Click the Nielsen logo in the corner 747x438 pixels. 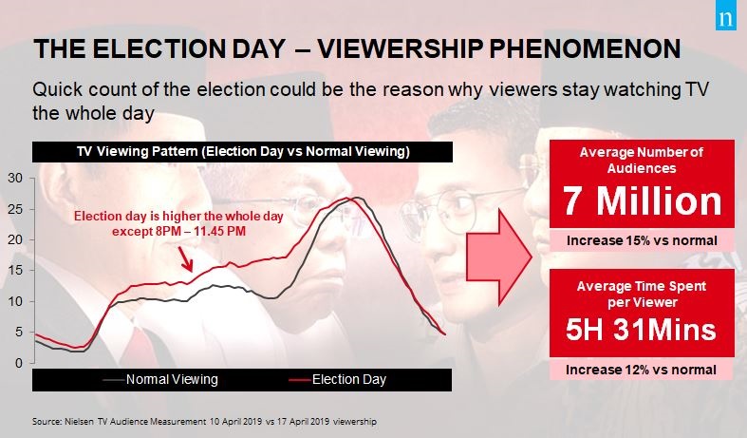726,19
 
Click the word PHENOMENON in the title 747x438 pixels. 585,48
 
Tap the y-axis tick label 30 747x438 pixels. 15,178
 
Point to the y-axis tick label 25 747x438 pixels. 15,209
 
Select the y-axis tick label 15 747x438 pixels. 15,271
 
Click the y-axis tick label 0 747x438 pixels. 19,363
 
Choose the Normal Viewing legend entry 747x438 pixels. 160,379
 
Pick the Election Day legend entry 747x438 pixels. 338,379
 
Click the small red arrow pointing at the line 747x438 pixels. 185,259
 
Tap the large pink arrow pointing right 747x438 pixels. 499,257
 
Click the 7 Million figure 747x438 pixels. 642,201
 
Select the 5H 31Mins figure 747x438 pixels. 641,330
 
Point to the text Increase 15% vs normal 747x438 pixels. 642,240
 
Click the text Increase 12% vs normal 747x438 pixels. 641,370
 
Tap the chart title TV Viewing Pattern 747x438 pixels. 243,152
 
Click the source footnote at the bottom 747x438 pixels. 204,422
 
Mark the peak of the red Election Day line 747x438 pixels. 346,198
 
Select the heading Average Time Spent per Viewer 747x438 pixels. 642,294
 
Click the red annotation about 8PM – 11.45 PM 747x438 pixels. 178,224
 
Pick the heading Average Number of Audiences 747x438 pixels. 642,161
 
